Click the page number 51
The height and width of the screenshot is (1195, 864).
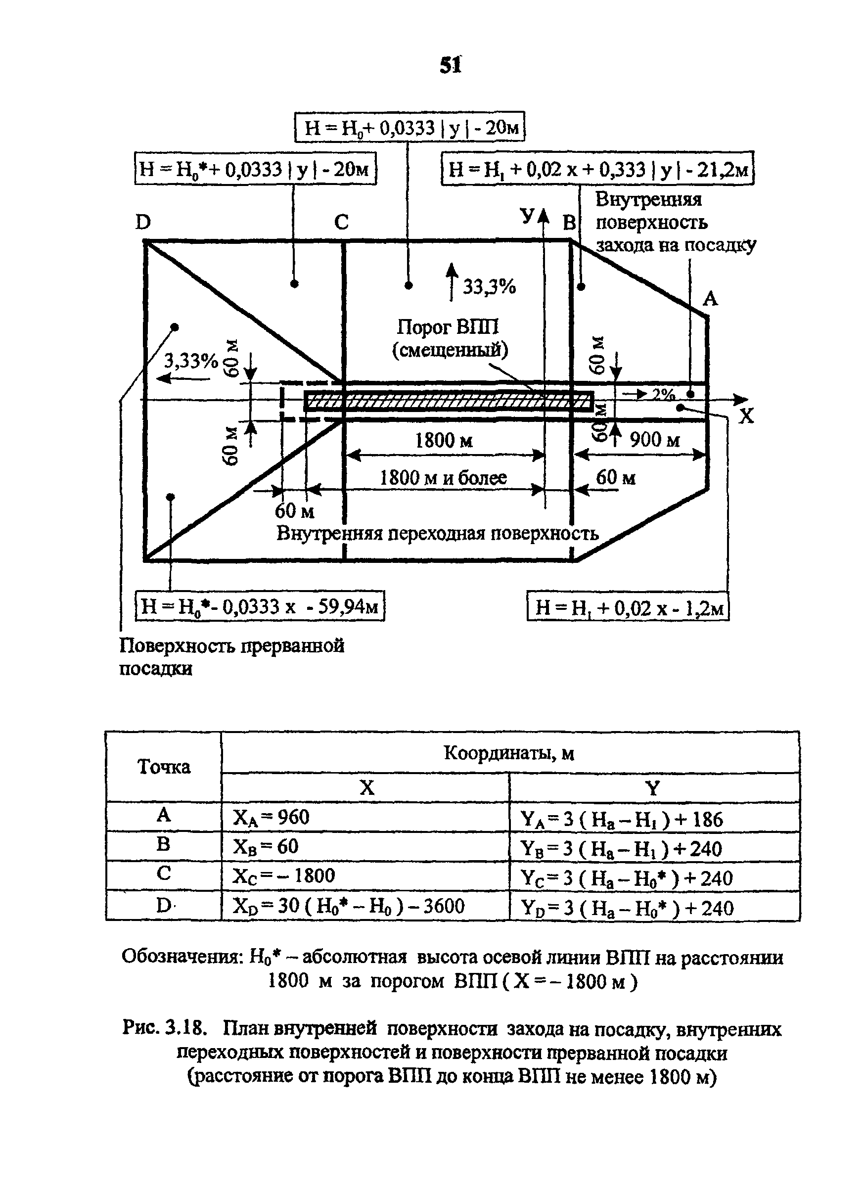[x=451, y=65]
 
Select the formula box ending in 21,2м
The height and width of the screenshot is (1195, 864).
[x=597, y=169]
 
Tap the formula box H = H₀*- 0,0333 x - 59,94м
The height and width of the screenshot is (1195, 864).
[x=260, y=606]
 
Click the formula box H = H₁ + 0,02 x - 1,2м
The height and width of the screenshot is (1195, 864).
[x=628, y=606]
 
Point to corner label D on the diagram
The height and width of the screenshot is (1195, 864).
[x=143, y=223]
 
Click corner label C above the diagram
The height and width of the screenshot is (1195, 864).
[x=341, y=223]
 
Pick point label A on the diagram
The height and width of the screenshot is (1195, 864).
[x=710, y=299]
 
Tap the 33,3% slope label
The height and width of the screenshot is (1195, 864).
[x=490, y=287]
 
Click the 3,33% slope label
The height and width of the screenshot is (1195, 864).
[x=191, y=362]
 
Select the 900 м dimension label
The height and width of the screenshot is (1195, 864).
[x=655, y=439]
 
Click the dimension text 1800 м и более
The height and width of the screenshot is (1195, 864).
[x=443, y=477]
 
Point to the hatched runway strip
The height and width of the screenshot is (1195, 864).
[x=449, y=401]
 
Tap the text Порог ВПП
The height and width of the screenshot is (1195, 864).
[x=447, y=327]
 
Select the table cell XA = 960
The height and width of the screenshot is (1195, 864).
[x=272, y=817]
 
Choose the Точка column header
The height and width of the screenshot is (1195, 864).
[x=164, y=767]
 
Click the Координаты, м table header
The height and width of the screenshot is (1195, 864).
[x=509, y=753]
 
